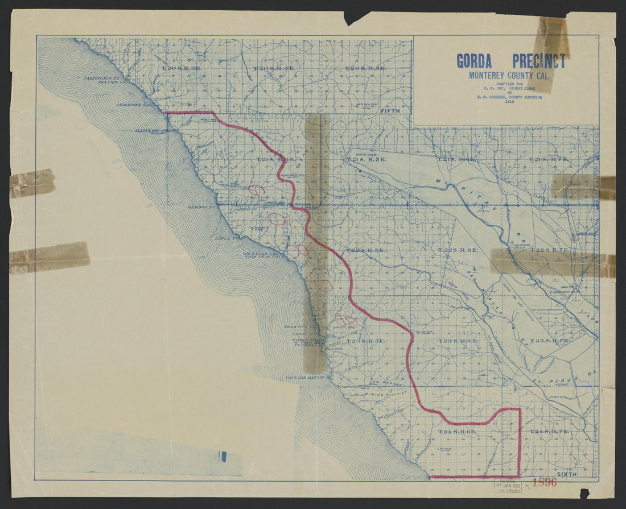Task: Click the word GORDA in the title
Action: [x=476, y=61]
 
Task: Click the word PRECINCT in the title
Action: [x=539, y=61]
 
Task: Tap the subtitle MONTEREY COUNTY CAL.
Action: [x=509, y=75]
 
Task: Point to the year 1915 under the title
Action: [x=509, y=102]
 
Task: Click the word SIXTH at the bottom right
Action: [x=567, y=474]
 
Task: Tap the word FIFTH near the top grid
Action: [x=390, y=111]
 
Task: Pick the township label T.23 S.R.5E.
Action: [x=365, y=341]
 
